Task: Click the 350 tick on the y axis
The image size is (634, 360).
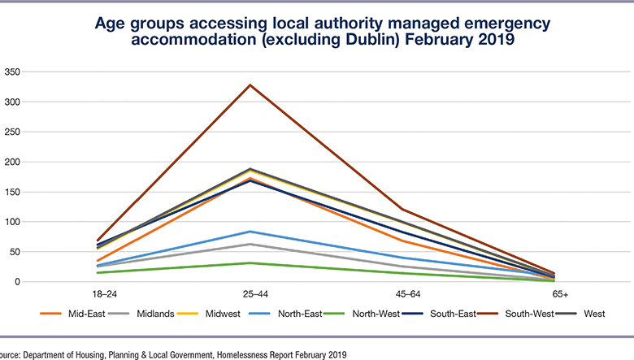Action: [11, 72]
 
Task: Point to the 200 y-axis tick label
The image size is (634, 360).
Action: [11, 162]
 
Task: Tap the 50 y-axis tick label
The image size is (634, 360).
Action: [14, 252]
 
